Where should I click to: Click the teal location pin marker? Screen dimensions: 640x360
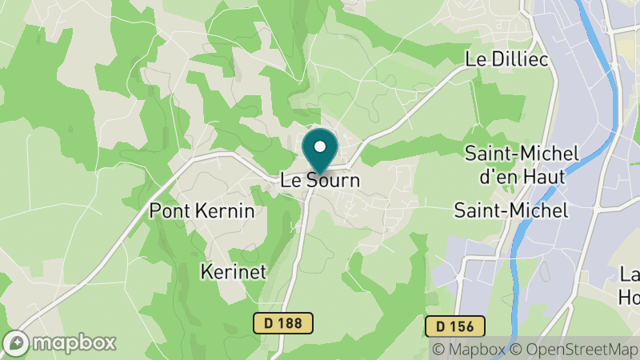pyautogui.click(x=321, y=151)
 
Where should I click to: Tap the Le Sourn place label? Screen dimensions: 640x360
pyautogui.click(x=321, y=181)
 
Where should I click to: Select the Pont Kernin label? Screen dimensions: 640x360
pyautogui.click(x=202, y=211)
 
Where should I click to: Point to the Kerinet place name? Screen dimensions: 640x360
pyautogui.click(x=234, y=271)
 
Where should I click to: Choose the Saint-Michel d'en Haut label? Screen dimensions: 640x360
pyautogui.click(x=515, y=163)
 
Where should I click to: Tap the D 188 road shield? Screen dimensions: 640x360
pyautogui.click(x=283, y=323)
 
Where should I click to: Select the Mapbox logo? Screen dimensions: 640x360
pyautogui.click(x=60, y=342)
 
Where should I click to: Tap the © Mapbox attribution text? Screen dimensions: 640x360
pyautogui.click(x=470, y=349)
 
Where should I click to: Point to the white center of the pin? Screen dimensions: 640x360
pyautogui.click(x=321, y=146)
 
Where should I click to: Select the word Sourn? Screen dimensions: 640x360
pyautogui.click(x=332, y=181)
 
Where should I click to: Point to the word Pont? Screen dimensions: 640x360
pyautogui.click(x=168, y=211)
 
